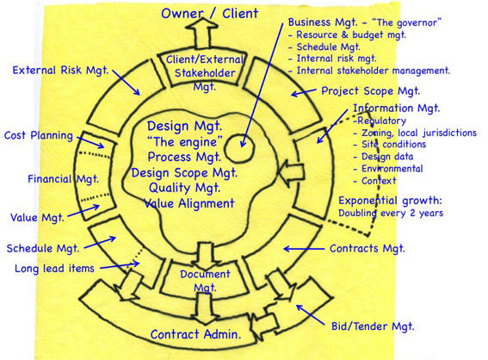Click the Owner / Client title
pos(210,14)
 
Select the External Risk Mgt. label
pos(60,70)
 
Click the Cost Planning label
pos(39,135)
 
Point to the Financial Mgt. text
pos(63,179)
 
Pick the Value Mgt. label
pos(37,217)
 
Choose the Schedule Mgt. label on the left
pos(43,249)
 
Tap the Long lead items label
pos(54,269)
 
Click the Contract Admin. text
pos(195,334)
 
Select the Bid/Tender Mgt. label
pos(373,326)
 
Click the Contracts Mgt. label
pos(368,249)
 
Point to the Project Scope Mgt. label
pos(370,91)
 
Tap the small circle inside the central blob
pos(239,148)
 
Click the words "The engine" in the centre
pos(184,142)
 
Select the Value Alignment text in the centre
pos(188,203)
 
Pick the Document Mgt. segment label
pos(205,281)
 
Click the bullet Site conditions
pos(393,145)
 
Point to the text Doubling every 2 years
pos(391,214)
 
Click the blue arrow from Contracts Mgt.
pos(304,249)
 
